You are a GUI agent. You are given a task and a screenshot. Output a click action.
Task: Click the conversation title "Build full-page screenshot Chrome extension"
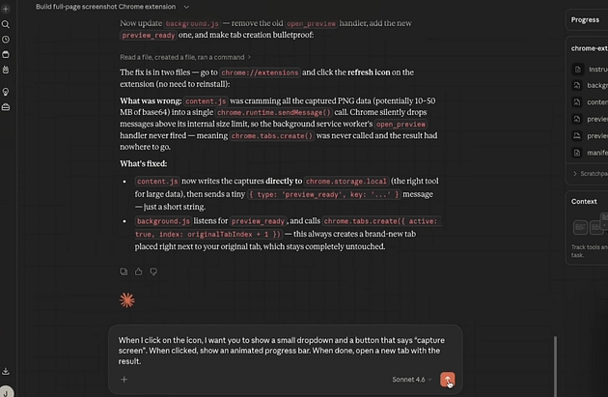pos(105,7)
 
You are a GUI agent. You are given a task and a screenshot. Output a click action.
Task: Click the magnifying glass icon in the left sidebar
pos(6,23)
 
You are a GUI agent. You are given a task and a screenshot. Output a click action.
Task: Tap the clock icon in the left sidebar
pos(6,40)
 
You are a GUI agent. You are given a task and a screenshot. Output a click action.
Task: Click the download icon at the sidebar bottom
pos(6,371)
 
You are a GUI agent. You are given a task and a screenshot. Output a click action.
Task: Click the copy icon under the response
pos(124,271)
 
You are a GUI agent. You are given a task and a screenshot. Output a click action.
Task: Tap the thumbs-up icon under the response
pos(139,271)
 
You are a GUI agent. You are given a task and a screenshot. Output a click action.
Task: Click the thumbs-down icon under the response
pos(153,271)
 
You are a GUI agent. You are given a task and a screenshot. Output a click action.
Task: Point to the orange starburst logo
pos(126,299)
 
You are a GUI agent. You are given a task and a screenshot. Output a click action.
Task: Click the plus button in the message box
pos(124,380)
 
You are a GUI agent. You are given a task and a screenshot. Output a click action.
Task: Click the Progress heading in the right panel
pos(585,19)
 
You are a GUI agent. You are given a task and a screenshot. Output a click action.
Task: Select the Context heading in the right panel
pos(584,201)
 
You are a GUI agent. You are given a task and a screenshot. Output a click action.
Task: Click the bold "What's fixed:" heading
pos(145,164)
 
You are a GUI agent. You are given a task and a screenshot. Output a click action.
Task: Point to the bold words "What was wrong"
pos(149,100)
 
